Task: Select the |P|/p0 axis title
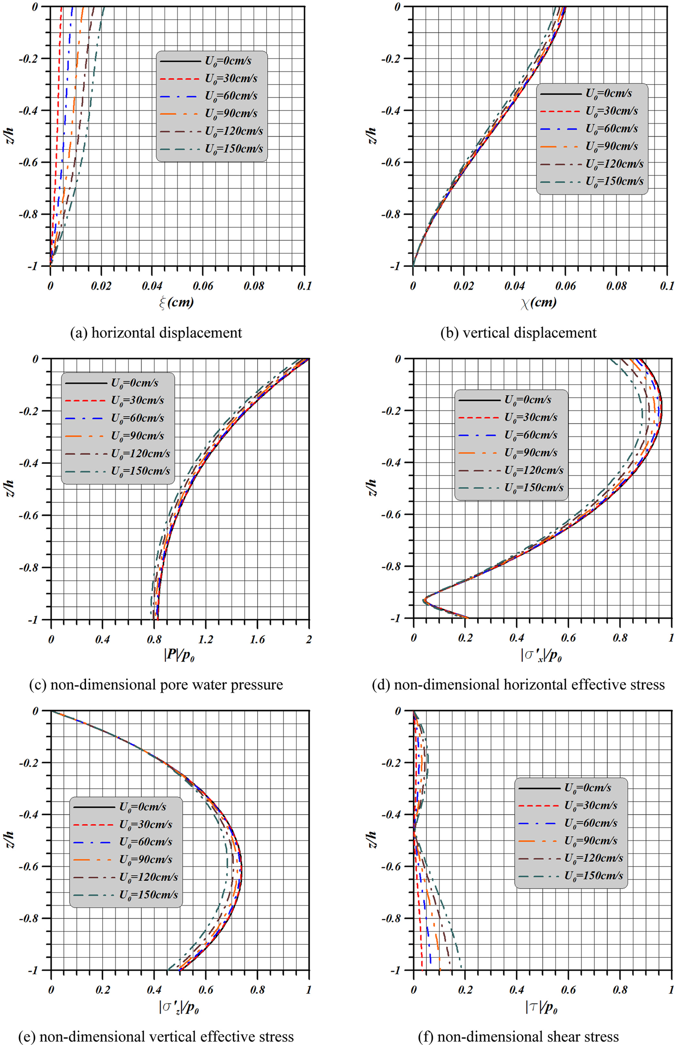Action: pos(179,656)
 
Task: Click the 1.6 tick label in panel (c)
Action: pos(257,639)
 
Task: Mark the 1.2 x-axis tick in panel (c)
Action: pos(206,639)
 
